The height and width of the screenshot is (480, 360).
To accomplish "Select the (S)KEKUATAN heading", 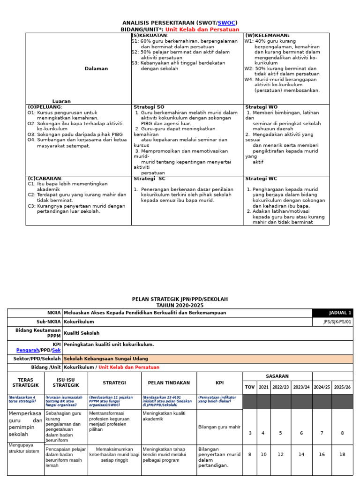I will (150, 36).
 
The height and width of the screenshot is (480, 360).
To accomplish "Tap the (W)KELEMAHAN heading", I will (267, 36).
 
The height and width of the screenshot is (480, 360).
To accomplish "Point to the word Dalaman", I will (96, 68).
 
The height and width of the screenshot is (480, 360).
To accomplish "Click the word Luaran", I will (61, 101).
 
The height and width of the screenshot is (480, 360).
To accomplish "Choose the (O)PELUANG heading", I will (45, 107).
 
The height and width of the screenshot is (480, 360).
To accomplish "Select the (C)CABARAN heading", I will (45, 179).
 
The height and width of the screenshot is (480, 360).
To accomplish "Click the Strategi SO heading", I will (149, 107).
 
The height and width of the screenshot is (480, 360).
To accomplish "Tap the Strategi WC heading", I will (261, 179).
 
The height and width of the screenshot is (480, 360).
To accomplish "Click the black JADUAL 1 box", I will (332, 313).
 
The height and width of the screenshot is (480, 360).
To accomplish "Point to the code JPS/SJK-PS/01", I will (337, 322).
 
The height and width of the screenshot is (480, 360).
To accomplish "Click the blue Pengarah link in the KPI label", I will (28, 350).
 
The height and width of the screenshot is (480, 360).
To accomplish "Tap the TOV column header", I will (249, 387).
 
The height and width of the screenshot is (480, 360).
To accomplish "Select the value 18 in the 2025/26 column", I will (342, 454).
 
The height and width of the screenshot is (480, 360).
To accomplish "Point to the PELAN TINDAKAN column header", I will (168, 383).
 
